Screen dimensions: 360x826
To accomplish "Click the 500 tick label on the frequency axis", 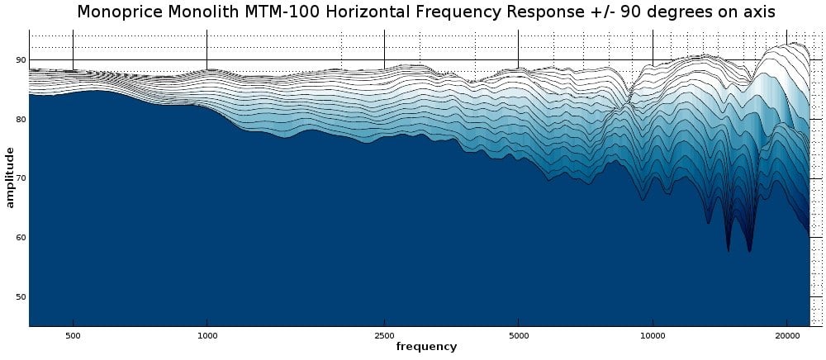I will pyautogui.click(x=73, y=336).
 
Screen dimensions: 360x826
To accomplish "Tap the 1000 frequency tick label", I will pyautogui.click(x=207, y=336).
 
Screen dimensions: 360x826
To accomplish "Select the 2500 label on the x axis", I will pyautogui.click(x=384, y=336).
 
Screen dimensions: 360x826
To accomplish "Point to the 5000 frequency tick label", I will pyautogui.click(x=518, y=336).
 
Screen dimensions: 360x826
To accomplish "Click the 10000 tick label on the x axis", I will pyautogui.click(x=653, y=336).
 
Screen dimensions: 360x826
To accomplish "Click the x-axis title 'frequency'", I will pyautogui.click(x=426, y=348).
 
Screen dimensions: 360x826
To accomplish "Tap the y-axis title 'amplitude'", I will pyautogui.click(x=10, y=178).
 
